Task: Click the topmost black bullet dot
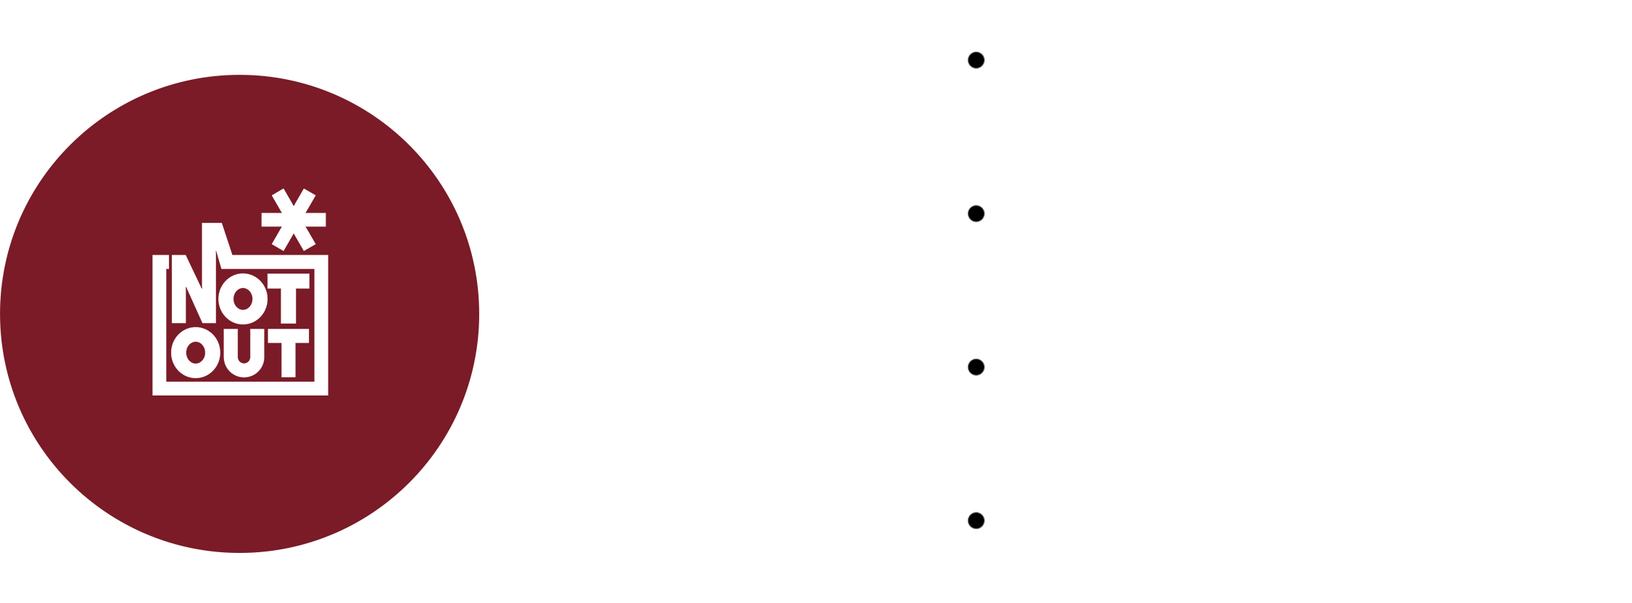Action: pos(976,60)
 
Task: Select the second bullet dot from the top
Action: pos(976,213)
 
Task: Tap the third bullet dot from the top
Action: pos(976,367)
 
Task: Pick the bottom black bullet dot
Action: pos(976,520)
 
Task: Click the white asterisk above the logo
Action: pos(294,220)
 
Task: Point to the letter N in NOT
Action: pos(194,289)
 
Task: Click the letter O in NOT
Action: pos(243,299)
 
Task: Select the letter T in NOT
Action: pos(289,298)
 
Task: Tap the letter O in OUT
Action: pos(196,353)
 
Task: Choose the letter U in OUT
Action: pos(244,353)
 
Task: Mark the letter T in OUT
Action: pos(289,353)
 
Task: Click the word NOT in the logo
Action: pos(241,298)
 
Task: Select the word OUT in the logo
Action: pos(241,353)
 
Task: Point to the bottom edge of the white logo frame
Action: pos(241,388)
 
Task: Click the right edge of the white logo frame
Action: pos(321,325)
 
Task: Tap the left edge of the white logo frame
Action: pos(160,325)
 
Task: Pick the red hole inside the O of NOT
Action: pos(243,299)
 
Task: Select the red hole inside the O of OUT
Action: pos(196,353)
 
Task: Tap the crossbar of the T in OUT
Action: pos(289,336)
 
